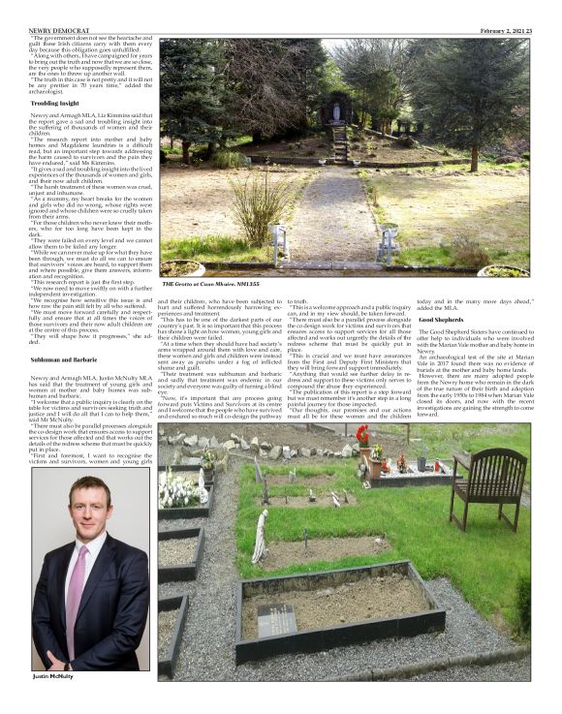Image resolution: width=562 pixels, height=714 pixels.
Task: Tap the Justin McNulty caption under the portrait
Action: (x=53, y=676)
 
